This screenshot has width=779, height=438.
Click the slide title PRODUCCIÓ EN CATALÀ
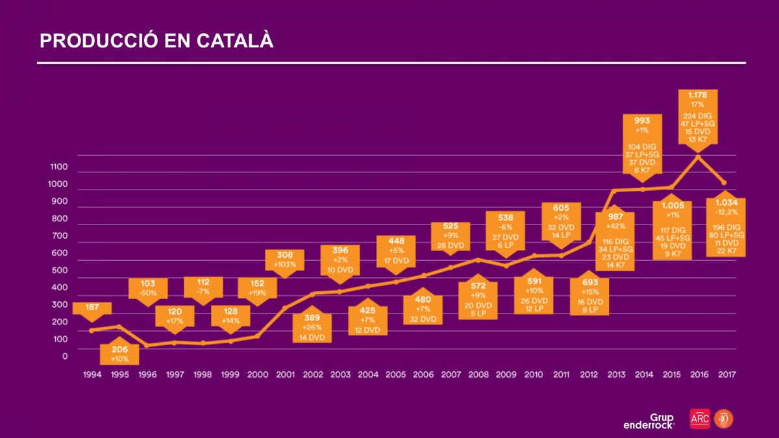(x=156, y=40)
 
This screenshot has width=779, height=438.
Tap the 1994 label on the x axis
(x=92, y=374)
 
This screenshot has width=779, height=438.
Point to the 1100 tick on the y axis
(x=59, y=167)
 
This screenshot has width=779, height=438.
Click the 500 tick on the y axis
(x=59, y=270)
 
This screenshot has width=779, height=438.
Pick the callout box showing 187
(x=92, y=308)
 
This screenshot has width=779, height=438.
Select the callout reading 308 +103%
(x=285, y=260)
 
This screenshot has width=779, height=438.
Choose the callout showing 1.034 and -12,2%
(x=725, y=227)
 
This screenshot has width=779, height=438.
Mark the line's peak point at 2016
(x=698, y=156)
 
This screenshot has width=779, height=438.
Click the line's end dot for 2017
(x=724, y=183)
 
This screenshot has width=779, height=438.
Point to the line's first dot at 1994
(x=92, y=330)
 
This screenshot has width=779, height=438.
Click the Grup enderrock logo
(x=649, y=421)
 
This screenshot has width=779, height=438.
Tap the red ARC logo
(x=700, y=419)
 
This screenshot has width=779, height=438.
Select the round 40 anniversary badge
(x=723, y=419)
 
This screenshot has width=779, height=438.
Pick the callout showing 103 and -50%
(x=148, y=288)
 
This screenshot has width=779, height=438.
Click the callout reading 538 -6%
(x=505, y=230)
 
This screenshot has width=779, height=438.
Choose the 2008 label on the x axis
(x=478, y=374)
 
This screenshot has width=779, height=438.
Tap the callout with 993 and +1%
(x=643, y=143)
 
